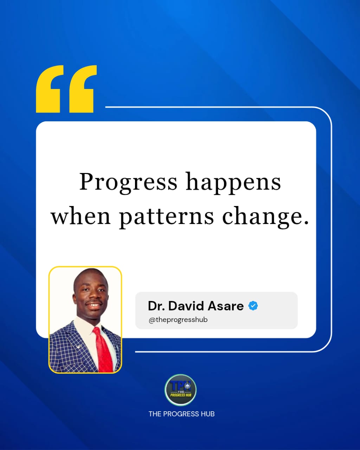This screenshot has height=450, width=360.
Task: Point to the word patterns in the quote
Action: (x=166, y=217)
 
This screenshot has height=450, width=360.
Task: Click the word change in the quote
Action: (x=262, y=217)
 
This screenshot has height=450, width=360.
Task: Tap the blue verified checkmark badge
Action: (x=253, y=306)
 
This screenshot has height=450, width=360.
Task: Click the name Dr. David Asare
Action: (x=195, y=306)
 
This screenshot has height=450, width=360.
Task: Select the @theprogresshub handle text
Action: (x=178, y=320)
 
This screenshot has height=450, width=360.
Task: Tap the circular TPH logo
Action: (x=180, y=390)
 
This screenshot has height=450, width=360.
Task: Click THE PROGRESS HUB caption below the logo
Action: (x=181, y=414)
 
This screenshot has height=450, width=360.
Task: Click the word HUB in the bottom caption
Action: (x=207, y=414)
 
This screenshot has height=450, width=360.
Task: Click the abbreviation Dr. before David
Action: (x=156, y=306)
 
